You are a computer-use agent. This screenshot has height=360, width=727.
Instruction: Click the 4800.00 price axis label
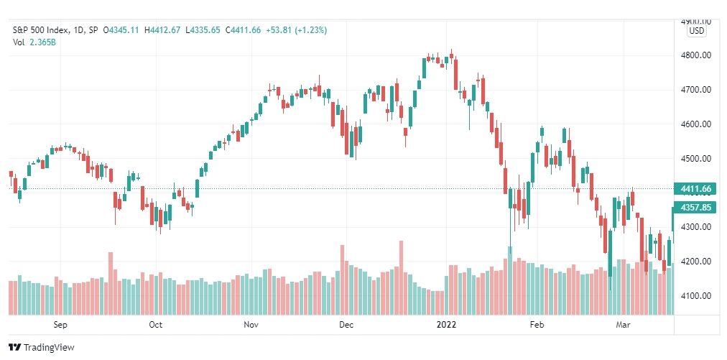(x=696, y=55)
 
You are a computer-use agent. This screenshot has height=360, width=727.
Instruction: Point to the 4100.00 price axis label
(x=696, y=295)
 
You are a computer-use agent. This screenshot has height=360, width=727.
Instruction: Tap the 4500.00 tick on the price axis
(x=696, y=158)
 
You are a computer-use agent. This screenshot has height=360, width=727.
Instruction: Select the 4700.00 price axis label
(x=696, y=90)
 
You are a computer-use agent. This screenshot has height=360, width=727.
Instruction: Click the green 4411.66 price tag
(x=695, y=189)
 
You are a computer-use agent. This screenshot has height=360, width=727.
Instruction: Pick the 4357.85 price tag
(x=695, y=207)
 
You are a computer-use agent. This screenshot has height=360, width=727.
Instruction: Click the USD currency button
(x=696, y=31)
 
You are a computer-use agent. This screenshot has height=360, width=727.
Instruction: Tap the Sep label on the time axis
(x=60, y=325)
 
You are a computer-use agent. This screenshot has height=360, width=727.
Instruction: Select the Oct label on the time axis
(x=155, y=325)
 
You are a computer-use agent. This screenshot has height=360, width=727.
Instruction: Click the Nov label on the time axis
(x=251, y=325)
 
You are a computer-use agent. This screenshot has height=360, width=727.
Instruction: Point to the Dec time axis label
(x=346, y=325)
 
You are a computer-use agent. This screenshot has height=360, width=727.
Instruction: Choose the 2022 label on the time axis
(x=446, y=325)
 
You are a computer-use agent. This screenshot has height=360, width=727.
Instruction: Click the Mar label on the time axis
(x=623, y=325)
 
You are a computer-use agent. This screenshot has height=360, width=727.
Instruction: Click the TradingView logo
(x=42, y=347)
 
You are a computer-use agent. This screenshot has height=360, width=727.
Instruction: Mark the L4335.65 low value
(x=203, y=30)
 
